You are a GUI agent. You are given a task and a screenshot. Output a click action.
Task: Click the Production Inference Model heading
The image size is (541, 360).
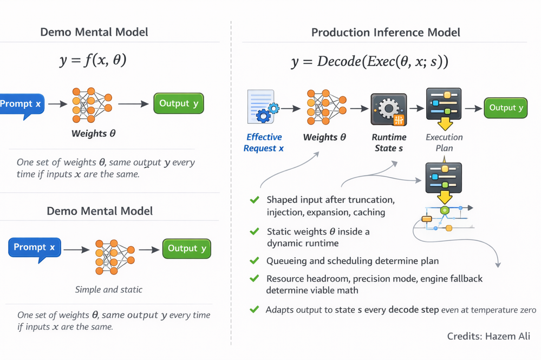coord(386,32)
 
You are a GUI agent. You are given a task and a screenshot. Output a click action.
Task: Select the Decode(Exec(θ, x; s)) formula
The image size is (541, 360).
coord(369,61)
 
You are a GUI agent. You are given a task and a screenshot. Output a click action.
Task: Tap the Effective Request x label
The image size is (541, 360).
coord(264,143)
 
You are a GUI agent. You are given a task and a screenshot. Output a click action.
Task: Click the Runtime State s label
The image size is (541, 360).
coord(389,143)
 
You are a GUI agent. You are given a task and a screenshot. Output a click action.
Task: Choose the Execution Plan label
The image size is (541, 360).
coord(444,143)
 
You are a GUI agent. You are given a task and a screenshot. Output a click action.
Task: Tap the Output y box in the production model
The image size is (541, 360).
coord(506,108)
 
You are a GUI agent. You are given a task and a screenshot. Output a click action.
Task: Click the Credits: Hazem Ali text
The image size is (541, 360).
coord(488,336)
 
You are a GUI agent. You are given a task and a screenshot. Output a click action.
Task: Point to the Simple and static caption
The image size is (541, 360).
coord(109,290)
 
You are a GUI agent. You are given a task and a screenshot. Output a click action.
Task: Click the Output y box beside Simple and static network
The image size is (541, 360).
coord(187,248)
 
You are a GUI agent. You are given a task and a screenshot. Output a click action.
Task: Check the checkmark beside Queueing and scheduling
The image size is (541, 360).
coord(254,261)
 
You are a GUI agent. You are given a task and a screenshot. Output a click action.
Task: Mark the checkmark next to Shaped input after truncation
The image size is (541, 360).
coord(254,200)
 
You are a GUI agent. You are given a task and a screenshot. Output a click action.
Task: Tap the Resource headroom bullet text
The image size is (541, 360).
coord(374,284)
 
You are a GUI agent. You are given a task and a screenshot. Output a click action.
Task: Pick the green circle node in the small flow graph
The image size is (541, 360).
coord(445,210)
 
